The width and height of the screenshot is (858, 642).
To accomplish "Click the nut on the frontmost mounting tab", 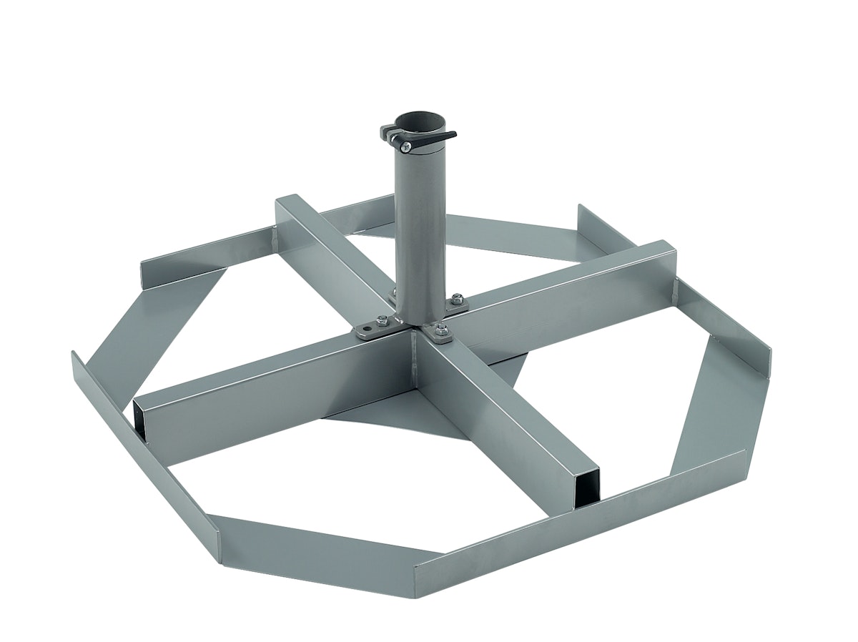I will [441, 331].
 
